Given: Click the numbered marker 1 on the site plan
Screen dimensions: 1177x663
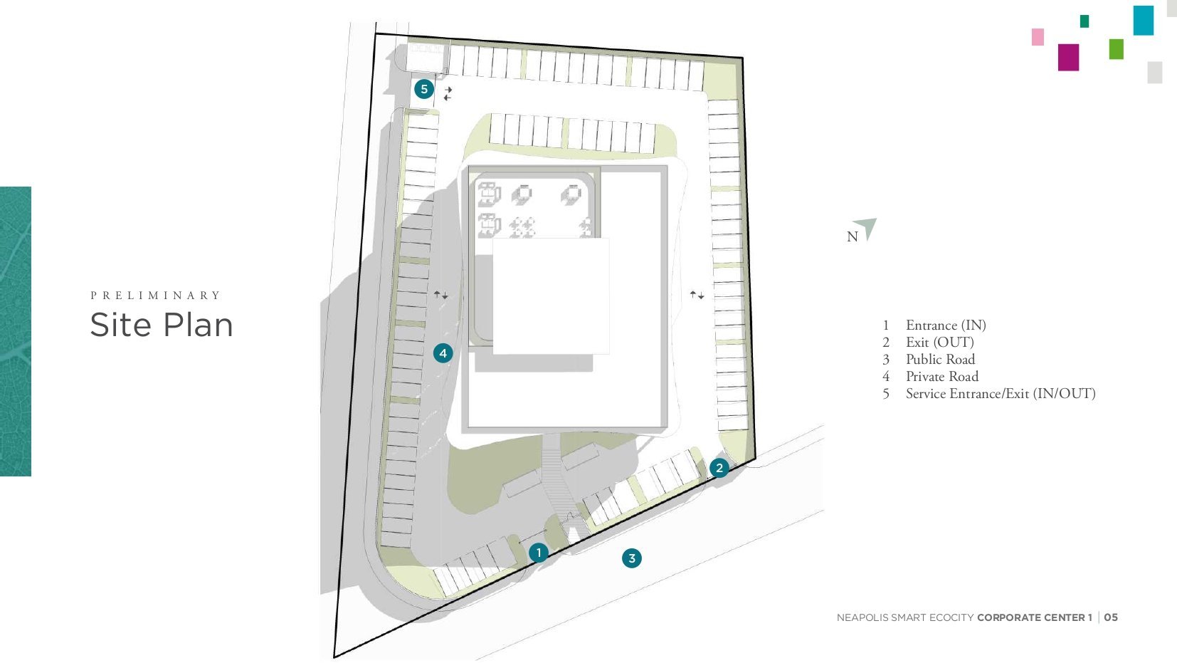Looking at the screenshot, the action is click(539, 553).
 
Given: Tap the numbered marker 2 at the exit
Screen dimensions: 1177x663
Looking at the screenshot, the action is click(719, 467).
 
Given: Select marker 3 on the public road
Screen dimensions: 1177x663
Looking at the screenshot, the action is click(632, 558).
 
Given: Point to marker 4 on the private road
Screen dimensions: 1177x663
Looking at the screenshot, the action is click(443, 353).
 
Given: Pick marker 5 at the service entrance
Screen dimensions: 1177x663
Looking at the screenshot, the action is click(424, 89).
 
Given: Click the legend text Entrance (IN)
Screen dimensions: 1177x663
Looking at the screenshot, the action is click(946, 325).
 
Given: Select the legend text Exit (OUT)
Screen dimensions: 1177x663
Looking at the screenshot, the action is click(939, 343).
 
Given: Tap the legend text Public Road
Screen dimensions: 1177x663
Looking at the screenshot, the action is click(940, 359).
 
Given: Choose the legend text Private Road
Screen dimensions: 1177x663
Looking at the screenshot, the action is click(942, 377).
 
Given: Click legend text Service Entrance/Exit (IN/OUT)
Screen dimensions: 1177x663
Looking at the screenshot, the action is click(1001, 394).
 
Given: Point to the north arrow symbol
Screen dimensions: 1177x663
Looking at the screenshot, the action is click(866, 228).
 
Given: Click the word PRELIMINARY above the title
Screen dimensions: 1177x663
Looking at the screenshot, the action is click(156, 296).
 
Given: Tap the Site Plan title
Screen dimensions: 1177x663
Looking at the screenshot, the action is click(162, 325).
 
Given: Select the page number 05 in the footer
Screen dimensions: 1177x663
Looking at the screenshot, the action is click(1111, 617).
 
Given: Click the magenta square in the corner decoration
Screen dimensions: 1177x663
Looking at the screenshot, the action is click(1068, 57).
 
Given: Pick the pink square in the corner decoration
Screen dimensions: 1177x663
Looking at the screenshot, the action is click(1038, 37).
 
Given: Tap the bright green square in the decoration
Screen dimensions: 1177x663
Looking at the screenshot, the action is click(1116, 49).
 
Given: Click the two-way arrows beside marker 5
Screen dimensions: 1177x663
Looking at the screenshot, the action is click(448, 93).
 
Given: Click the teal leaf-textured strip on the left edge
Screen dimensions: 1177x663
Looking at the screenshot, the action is click(16, 331).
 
